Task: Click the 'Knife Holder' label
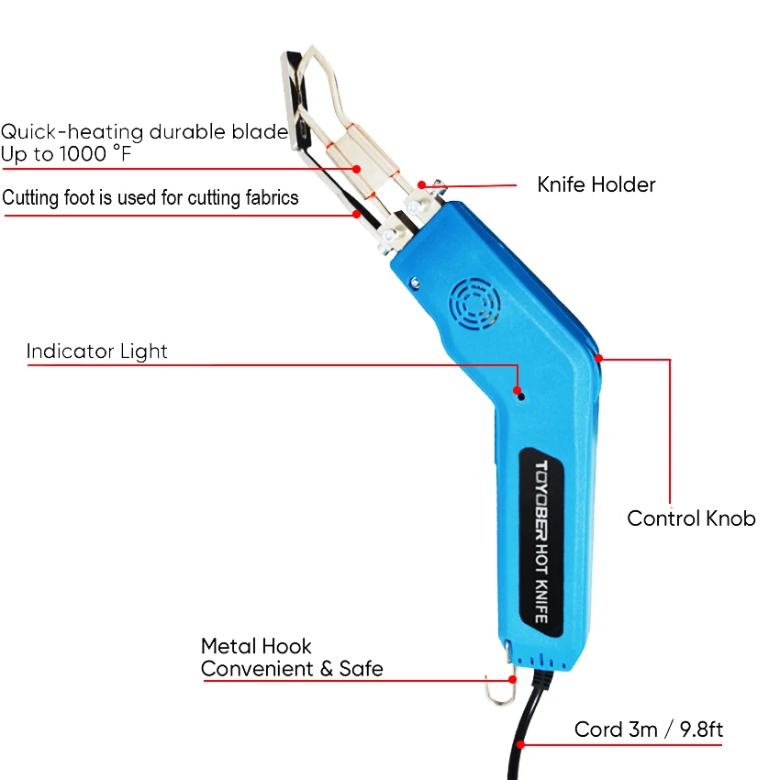point(596,184)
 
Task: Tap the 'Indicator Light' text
point(97,351)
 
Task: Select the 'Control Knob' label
point(691,518)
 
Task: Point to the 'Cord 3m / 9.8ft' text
point(649,730)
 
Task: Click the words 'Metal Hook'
point(256,646)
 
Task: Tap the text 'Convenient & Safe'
point(292,669)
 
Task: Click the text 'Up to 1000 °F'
point(66,154)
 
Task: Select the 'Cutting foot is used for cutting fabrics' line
point(150,197)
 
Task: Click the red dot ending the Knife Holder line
point(421,185)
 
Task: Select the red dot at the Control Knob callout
point(597,358)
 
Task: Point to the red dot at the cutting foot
point(356,215)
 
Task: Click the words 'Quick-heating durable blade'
point(144,131)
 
